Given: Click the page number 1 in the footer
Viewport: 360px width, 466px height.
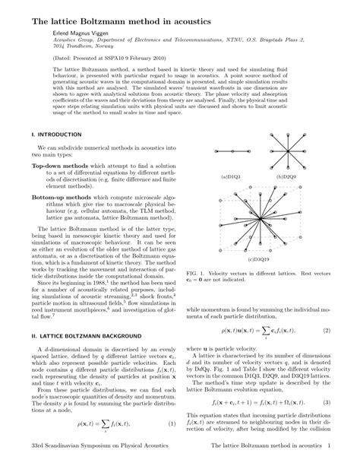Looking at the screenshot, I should [327, 458].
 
